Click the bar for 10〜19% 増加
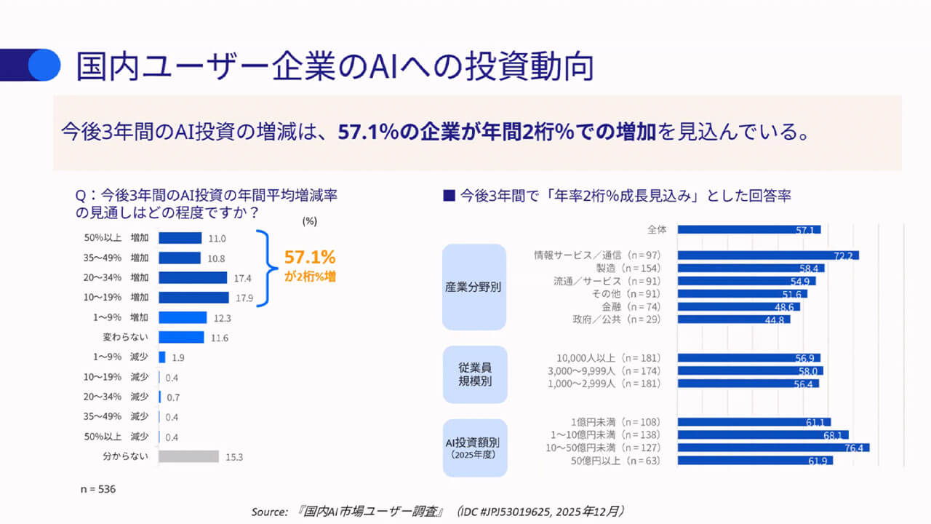point(193,297)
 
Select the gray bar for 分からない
point(188,456)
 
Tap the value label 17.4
point(243,278)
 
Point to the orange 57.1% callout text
point(310,257)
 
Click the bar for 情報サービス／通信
point(768,255)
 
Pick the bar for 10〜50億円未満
point(773,448)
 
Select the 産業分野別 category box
point(474,287)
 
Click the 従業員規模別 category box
point(474,374)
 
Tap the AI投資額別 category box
point(474,447)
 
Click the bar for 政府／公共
point(733,319)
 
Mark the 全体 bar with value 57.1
point(748,229)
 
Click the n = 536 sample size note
point(97,489)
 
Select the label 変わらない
point(126,338)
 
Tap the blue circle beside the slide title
point(44,65)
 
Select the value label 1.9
point(178,357)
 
